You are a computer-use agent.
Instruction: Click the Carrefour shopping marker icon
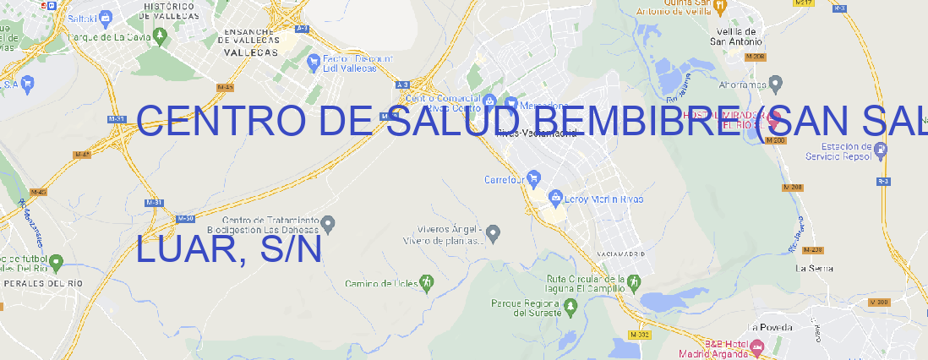coord(535,179)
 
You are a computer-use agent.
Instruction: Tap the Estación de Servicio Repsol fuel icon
coord(881,150)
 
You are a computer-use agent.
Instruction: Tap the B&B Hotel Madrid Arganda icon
coord(757,347)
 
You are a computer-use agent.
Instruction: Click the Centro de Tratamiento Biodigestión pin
coord(329,224)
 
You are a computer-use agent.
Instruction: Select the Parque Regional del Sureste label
coord(525,308)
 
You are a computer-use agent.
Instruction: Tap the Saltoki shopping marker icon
coord(106,16)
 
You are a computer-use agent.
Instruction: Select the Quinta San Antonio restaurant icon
coord(719,7)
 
